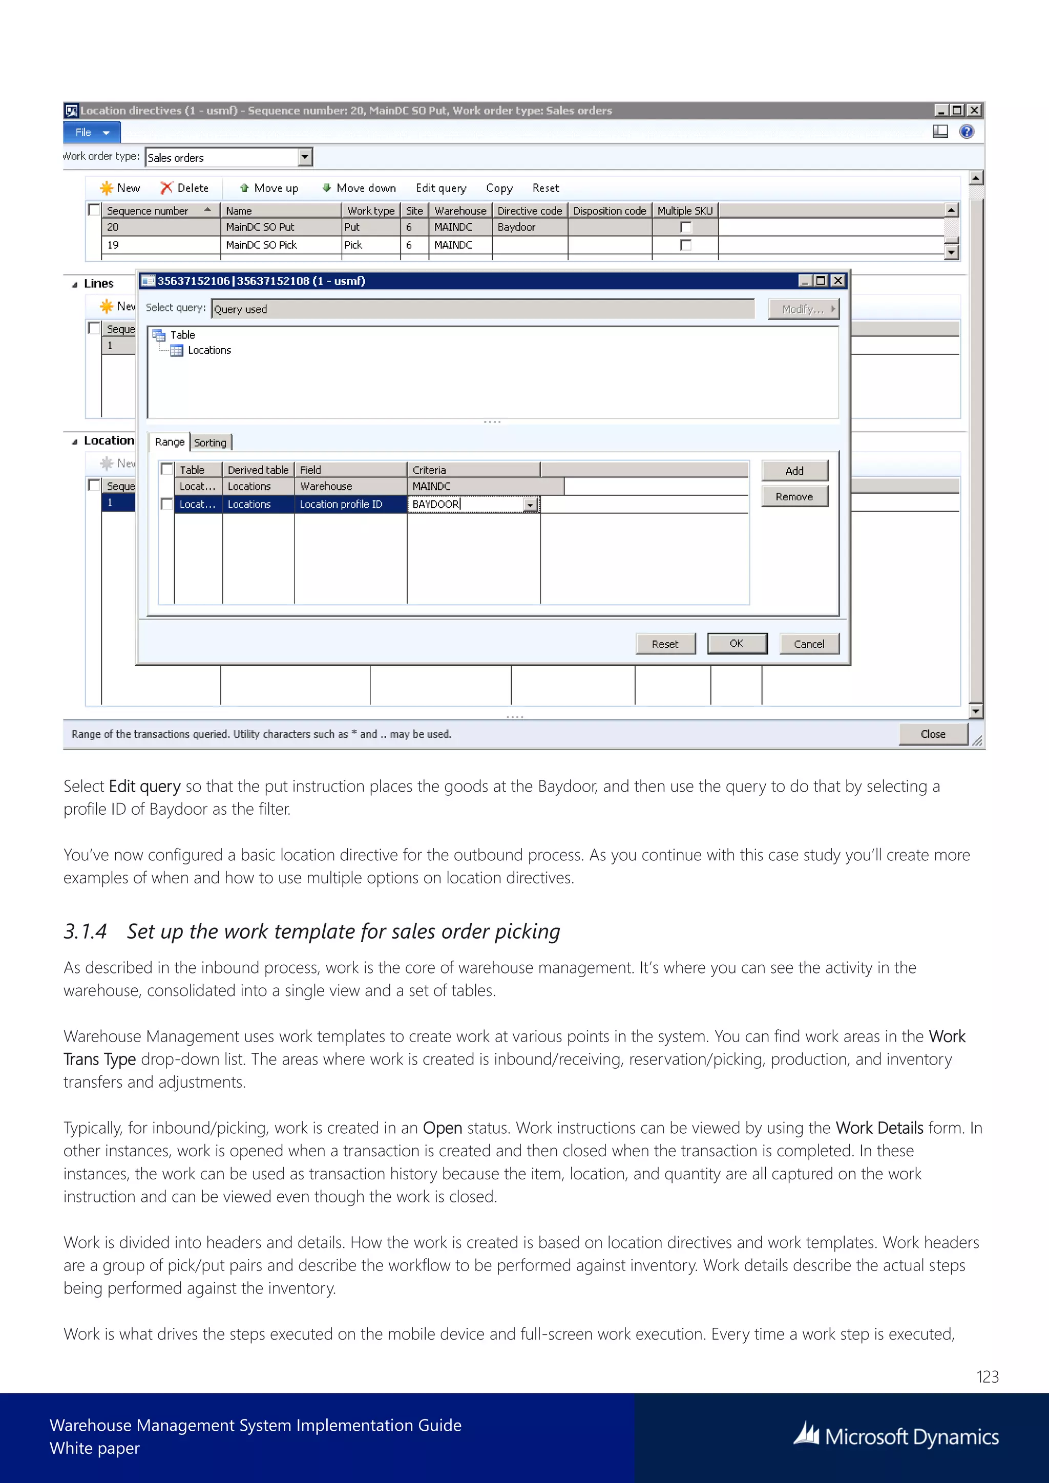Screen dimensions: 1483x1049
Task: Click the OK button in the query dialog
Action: click(x=737, y=643)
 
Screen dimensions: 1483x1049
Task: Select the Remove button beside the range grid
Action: click(x=794, y=497)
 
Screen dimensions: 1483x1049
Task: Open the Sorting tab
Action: click(x=211, y=442)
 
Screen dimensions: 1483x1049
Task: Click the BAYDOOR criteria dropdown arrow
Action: click(x=530, y=505)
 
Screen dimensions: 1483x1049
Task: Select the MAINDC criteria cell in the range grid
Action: click(x=473, y=486)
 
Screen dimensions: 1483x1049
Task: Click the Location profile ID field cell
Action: click(x=349, y=504)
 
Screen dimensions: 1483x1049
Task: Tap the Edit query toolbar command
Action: click(x=440, y=188)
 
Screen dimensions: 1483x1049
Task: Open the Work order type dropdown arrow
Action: click(x=305, y=157)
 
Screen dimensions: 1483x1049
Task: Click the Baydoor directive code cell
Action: click(x=529, y=227)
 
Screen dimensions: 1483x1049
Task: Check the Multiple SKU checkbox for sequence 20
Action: click(x=686, y=227)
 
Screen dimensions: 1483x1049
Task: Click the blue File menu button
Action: click(x=92, y=133)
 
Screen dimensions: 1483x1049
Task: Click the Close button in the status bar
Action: click(x=932, y=734)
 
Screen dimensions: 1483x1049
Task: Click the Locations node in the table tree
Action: click(x=208, y=350)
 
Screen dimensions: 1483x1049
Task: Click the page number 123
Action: click(x=987, y=1376)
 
